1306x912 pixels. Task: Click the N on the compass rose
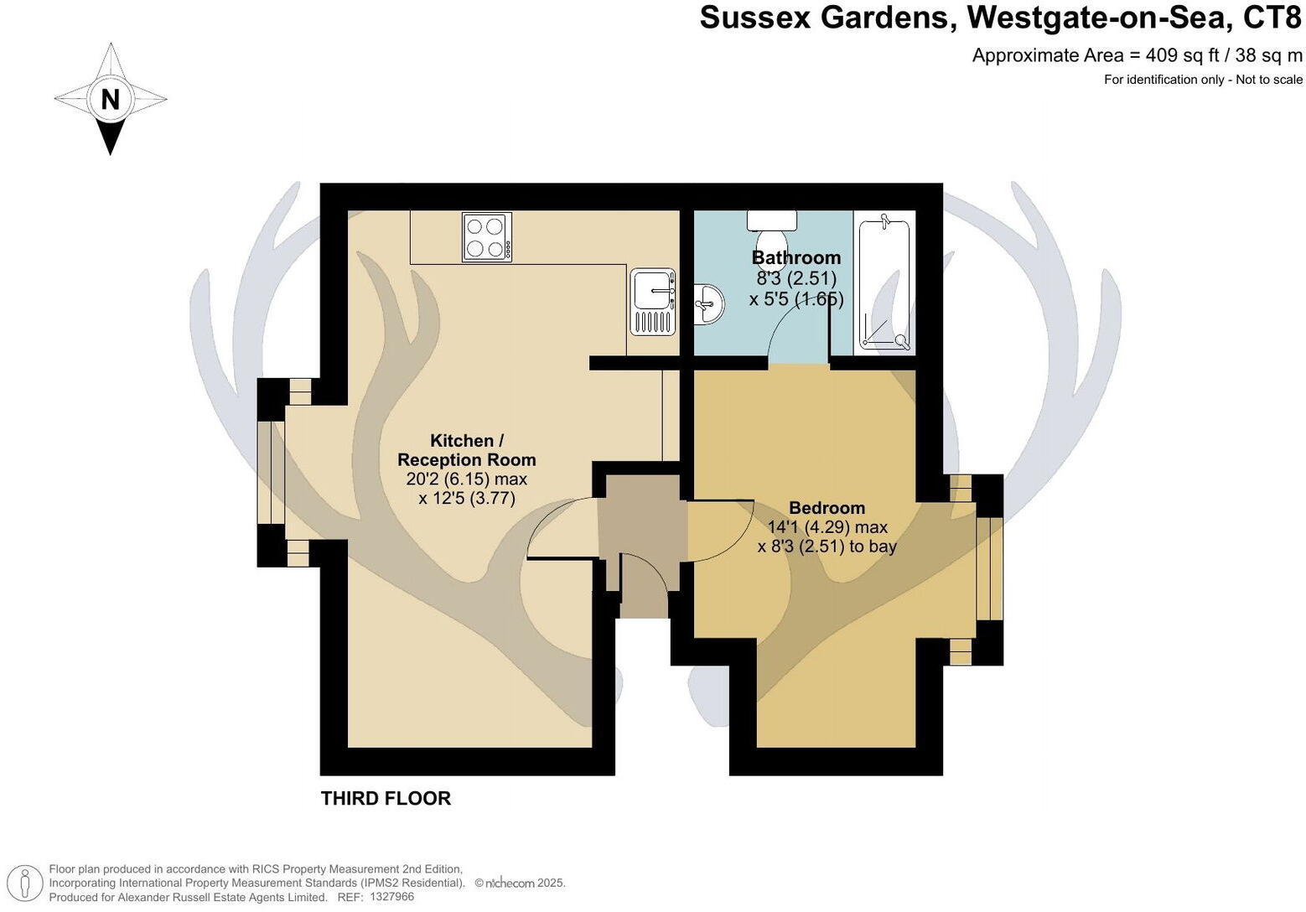pos(110,99)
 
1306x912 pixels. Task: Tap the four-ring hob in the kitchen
pos(486,237)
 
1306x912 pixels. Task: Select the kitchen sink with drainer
pos(652,302)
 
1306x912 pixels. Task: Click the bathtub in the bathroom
pos(884,285)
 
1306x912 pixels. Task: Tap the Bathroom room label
pos(796,257)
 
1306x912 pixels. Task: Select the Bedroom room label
pos(827,508)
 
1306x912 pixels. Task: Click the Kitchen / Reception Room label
pos(466,450)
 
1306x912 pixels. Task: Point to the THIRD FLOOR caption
pos(386,798)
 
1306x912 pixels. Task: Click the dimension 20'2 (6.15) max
pos(466,479)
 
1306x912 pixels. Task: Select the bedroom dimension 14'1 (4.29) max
pos(827,527)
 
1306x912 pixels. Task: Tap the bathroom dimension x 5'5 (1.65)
pos(796,298)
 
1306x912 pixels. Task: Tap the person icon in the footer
pos(26,884)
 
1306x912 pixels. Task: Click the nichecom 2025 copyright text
pos(520,883)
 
